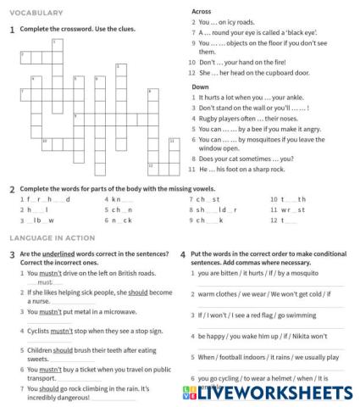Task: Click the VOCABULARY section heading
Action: click(x=38, y=14)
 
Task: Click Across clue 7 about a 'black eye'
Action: click(x=253, y=31)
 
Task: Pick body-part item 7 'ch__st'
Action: click(x=204, y=198)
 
